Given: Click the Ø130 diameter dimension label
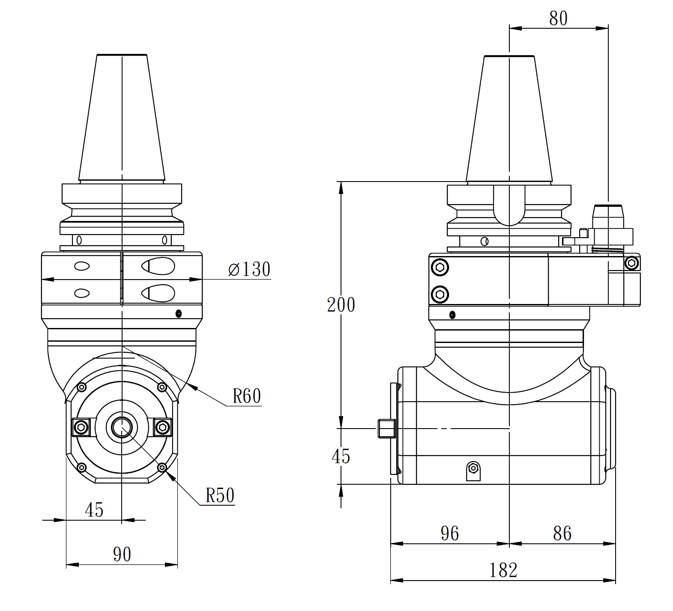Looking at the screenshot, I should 249,269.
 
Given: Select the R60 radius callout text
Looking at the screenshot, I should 247,396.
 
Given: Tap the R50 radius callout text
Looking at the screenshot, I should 220,495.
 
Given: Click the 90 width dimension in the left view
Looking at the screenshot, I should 122,554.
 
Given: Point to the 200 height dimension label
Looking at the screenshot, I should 341,305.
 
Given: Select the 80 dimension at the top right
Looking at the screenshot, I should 558,18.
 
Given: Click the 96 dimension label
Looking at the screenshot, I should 449,534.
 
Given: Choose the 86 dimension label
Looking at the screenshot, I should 562,534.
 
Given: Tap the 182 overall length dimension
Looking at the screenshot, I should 503,570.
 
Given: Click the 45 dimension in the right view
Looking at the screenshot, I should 341,456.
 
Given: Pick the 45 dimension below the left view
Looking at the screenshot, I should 94,510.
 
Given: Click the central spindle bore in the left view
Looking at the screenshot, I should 122,427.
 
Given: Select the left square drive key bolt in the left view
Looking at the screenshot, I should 81,427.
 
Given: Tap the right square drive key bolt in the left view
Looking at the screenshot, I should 162,427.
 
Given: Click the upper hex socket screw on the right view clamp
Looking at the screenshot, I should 440,268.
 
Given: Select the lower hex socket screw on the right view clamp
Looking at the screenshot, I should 440,295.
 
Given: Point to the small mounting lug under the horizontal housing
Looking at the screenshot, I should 473,471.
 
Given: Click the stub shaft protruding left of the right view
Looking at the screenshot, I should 386,429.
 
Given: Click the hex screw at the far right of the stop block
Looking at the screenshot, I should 631,263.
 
